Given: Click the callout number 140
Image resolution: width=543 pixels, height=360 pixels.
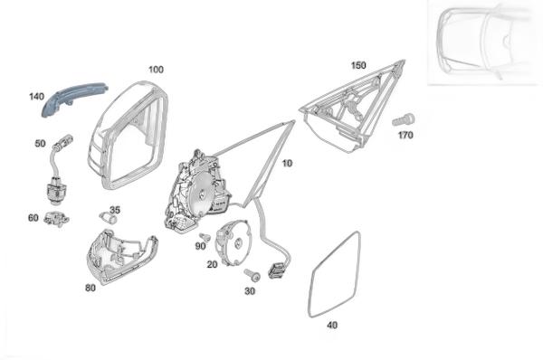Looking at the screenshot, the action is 37,97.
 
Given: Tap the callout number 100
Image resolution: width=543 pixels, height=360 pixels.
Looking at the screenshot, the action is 156,70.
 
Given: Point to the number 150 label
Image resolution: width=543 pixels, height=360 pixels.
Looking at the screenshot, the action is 358,65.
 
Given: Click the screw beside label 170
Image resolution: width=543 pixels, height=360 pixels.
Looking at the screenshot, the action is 404,119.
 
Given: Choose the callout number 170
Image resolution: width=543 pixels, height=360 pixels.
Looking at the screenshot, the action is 405,135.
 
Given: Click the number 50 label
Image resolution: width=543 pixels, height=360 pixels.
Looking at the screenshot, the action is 40,143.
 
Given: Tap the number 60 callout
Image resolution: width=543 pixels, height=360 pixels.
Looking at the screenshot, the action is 33,218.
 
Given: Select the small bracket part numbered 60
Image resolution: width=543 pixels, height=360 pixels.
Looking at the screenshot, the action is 56,219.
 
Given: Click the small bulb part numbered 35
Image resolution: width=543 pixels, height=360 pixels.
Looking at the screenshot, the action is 108,218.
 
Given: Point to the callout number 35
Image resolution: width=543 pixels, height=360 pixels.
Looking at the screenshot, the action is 115,210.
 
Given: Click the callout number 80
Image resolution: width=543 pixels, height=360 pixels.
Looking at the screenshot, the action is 90,288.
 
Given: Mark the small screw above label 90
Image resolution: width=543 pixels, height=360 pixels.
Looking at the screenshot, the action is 205,237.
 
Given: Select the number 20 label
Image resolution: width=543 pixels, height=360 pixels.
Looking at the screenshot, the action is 213,264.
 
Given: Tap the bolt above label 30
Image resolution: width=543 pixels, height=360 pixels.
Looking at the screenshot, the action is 252,275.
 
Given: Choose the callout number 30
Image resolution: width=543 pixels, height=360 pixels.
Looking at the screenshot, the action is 250,291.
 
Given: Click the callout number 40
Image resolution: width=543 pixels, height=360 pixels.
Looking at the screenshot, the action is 332,325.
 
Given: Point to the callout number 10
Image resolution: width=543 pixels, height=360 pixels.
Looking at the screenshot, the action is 287,163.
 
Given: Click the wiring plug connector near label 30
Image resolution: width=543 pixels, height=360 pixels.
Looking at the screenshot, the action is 277,270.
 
